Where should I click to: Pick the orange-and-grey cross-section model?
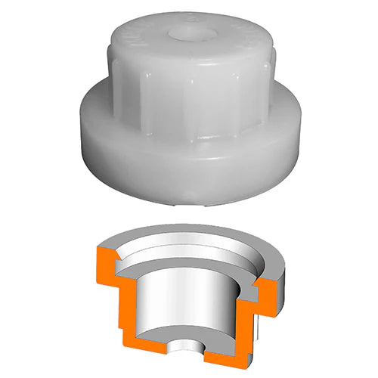click(x=193, y=295)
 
